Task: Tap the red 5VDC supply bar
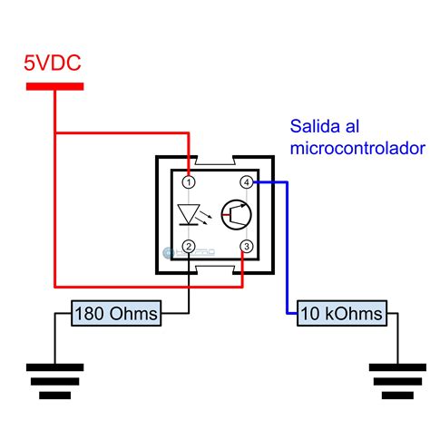click(54, 86)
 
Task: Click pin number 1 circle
click(189, 182)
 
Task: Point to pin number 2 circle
click(189, 246)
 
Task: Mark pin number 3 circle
click(246, 246)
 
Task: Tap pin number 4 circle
click(246, 182)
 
